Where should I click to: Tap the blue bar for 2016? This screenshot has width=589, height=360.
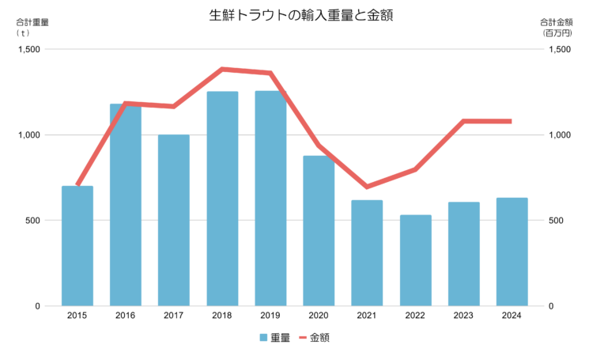click(126, 205)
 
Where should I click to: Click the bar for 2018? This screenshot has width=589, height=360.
click(222, 199)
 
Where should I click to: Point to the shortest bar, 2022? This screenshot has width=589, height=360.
click(416, 260)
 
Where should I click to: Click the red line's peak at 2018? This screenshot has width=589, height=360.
click(222, 69)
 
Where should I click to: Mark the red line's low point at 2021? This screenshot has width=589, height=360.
click(367, 187)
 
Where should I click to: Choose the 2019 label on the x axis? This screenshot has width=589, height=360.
click(270, 316)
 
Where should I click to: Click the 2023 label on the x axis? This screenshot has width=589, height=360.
click(463, 316)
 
